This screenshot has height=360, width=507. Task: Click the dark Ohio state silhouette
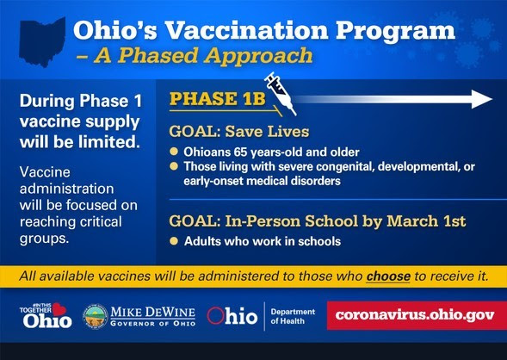point(42,42)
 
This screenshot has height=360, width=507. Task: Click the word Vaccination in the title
point(246,30)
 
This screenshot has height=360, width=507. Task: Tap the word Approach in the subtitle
point(258,56)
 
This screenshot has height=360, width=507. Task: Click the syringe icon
point(280,94)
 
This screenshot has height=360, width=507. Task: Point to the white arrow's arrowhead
point(482,99)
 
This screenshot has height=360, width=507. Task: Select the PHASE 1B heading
point(218,99)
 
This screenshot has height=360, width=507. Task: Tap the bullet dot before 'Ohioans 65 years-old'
point(174,152)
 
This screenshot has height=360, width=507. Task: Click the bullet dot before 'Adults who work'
point(174,241)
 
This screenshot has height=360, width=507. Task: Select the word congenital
point(344,166)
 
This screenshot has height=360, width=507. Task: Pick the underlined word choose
point(388,276)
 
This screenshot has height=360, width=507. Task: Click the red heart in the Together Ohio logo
point(59,309)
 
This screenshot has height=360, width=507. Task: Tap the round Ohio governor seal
point(95,317)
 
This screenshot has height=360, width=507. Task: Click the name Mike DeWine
point(153,313)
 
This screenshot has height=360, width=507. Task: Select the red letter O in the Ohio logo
point(215,316)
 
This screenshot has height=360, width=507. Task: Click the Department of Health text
point(293,316)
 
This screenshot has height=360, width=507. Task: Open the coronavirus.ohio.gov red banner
point(417,315)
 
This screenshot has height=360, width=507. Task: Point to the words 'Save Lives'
point(267,131)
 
